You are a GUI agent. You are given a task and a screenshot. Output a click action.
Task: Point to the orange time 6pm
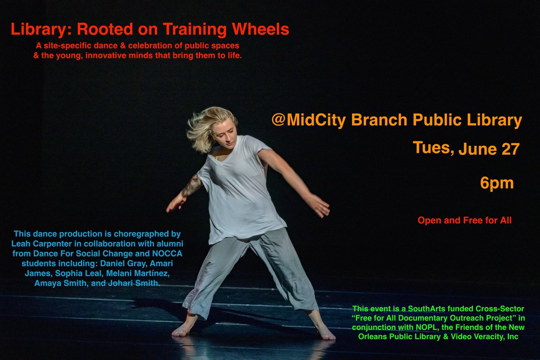click(497, 183)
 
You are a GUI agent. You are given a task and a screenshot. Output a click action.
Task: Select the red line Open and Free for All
click(464, 220)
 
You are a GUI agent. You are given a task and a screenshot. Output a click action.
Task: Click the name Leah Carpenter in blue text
click(50, 243)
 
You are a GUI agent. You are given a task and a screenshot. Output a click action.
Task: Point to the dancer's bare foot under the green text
click(325, 332)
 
